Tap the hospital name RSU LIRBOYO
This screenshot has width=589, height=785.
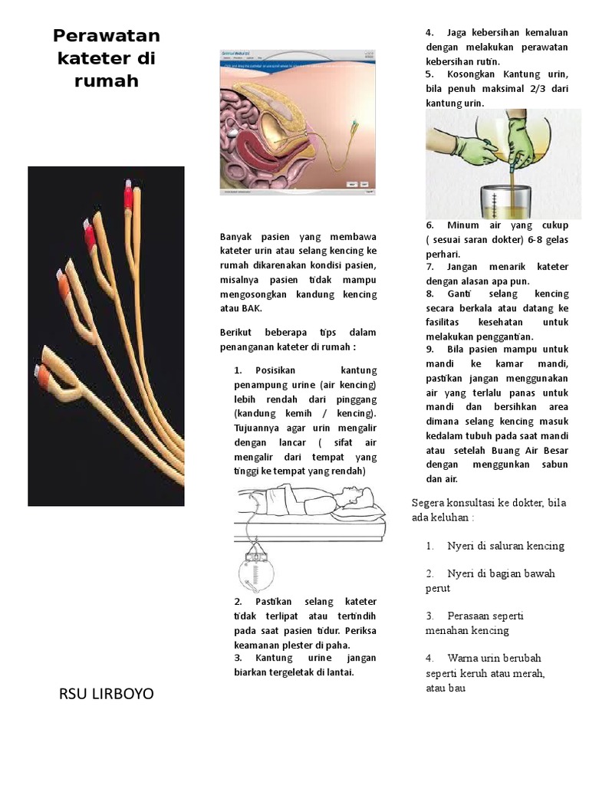pos(106,694)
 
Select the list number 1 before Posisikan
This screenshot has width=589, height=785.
pos(237,370)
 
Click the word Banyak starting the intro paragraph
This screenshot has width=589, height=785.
pos(235,237)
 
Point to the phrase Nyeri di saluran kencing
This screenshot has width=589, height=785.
pos(505,546)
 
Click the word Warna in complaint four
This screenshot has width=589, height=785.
pos(463,658)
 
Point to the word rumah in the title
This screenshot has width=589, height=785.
pos(107,81)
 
